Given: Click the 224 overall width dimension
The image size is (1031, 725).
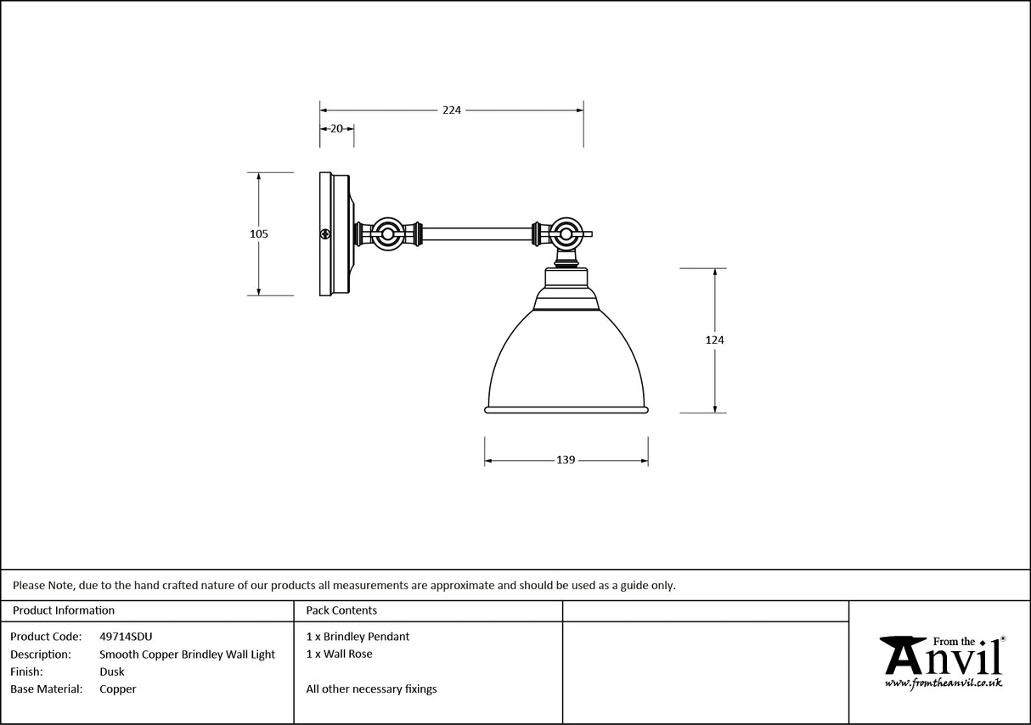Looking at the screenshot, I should (x=451, y=110).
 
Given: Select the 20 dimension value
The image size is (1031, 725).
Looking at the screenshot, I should (x=336, y=129).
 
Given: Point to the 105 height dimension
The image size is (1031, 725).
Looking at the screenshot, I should (x=259, y=233).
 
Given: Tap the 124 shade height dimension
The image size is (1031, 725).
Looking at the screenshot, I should (x=714, y=340).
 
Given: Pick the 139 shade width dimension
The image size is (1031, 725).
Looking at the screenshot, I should (x=566, y=460).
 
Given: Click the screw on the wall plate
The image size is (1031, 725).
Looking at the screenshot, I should (x=324, y=234).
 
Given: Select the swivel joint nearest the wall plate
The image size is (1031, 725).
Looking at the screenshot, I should (x=388, y=233).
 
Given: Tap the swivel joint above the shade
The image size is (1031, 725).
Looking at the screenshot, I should (x=565, y=233).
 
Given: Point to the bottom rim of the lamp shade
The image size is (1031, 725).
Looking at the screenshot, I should (x=566, y=410).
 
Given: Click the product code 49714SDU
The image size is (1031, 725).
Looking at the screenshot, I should (x=126, y=637).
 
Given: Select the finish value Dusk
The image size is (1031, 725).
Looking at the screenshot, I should (x=111, y=672).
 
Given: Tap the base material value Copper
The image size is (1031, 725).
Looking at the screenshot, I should (x=117, y=689).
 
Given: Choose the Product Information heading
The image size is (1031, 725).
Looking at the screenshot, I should (x=64, y=610).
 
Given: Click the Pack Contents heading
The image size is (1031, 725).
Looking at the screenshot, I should (x=341, y=610).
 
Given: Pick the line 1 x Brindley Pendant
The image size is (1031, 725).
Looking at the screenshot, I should (x=358, y=637).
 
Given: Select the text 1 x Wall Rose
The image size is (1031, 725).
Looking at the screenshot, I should (x=339, y=654).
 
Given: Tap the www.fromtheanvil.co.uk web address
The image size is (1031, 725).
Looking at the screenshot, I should (x=944, y=683).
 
